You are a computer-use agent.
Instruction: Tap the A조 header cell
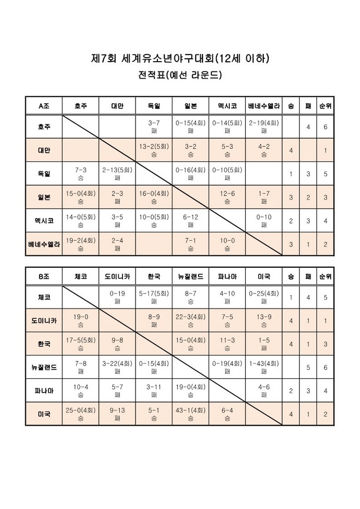(x=44, y=106)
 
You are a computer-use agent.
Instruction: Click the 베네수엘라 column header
(x=264, y=106)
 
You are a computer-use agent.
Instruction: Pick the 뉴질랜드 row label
(x=44, y=367)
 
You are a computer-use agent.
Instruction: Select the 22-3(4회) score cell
(x=190, y=320)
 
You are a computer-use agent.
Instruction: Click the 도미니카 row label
(x=44, y=320)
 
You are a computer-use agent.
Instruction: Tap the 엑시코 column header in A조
(x=227, y=106)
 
